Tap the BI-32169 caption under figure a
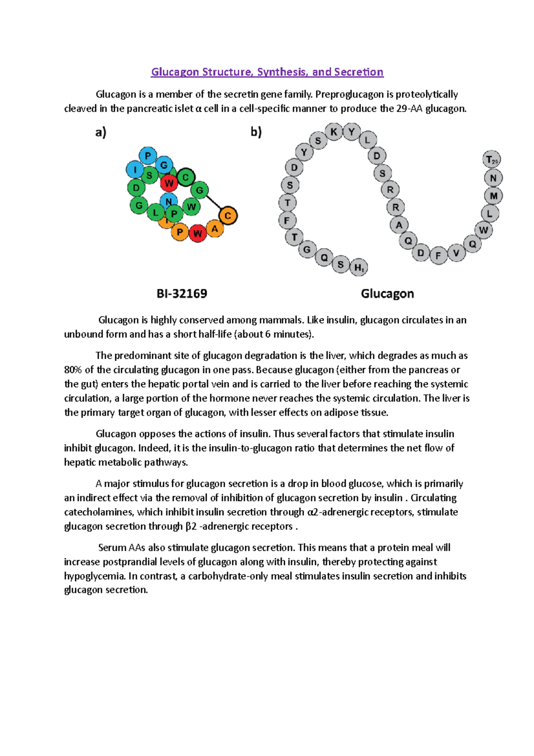coord(182,294)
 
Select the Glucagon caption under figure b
coord(387,294)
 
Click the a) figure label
coord(101,132)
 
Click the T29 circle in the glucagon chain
coord(492,159)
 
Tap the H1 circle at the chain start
coord(359,268)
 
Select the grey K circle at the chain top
coord(334,132)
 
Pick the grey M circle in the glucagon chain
coord(494,196)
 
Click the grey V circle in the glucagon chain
coord(456,253)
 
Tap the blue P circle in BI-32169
coord(148,156)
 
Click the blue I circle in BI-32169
coord(135,170)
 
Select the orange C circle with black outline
coord(228,216)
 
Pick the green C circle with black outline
coord(186,177)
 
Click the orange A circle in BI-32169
coord(214,229)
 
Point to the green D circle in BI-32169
coord(136,188)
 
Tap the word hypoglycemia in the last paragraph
coord(95,576)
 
